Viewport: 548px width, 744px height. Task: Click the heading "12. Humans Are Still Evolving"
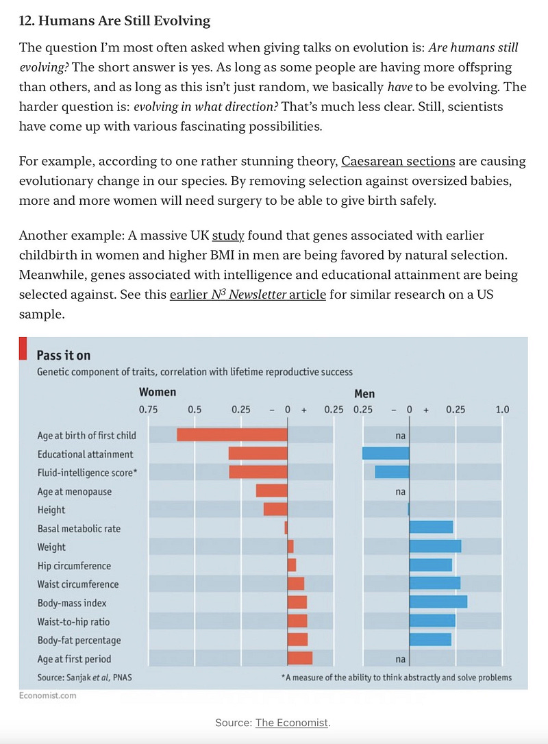[x=114, y=21]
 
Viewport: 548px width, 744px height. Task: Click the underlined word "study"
[x=228, y=236]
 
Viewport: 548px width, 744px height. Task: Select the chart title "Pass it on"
[x=63, y=356]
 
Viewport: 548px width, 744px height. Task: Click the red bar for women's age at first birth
[x=232, y=435]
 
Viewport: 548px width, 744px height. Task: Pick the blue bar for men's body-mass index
[x=438, y=603]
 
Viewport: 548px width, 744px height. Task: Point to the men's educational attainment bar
[x=386, y=454]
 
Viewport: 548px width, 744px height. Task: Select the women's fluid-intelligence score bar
[x=258, y=472]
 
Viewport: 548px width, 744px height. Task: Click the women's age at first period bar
[x=300, y=659]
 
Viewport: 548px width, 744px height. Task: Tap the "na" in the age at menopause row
[x=401, y=491]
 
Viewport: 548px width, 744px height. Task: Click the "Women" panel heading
[x=158, y=393]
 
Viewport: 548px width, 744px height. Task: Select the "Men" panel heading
[x=364, y=394]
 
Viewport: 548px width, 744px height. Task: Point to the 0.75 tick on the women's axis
[x=148, y=410]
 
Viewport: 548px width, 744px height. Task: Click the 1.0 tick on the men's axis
[x=502, y=410]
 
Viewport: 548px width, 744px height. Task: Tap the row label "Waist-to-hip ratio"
[x=73, y=622]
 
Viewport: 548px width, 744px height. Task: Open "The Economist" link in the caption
[x=292, y=723]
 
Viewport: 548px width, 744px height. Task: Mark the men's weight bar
[x=435, y=547]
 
